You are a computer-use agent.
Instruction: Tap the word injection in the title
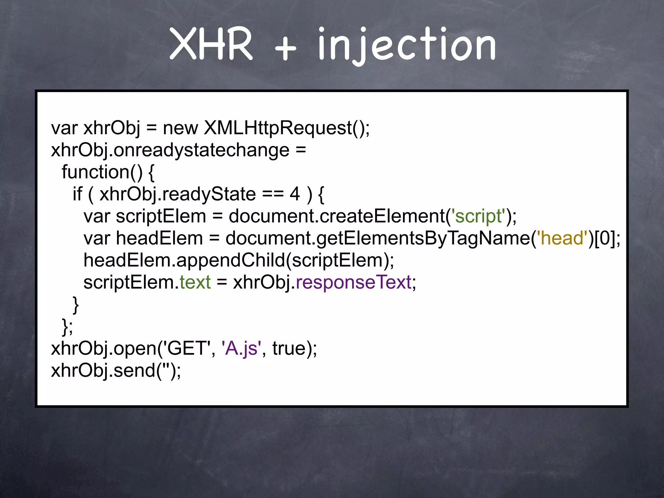[407, 45]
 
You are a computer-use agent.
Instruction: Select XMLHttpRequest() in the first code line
[287, 128]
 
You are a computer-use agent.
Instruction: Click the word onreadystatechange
[201, 150]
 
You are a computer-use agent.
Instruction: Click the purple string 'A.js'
[241, 348]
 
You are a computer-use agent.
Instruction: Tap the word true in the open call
[289, 348]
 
